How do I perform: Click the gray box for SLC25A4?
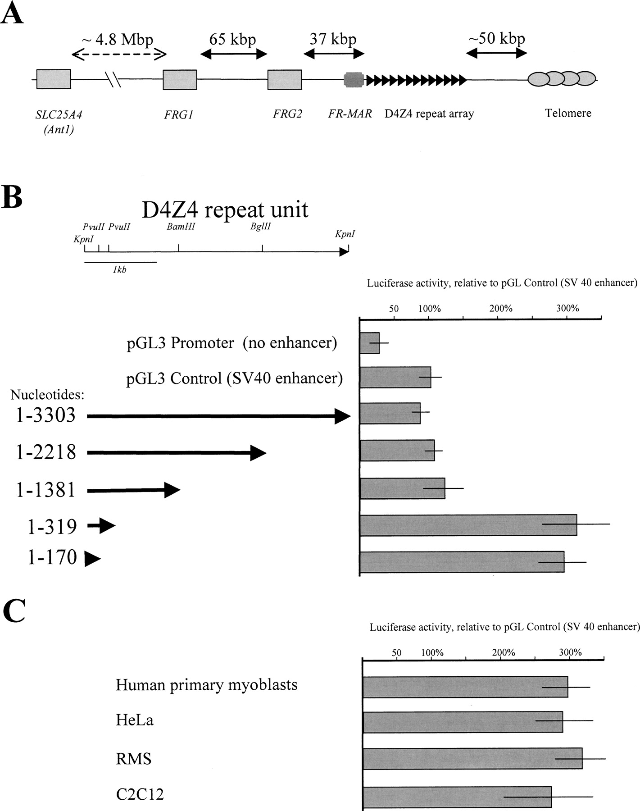coord(54,80)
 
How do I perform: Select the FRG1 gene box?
coord(180,80)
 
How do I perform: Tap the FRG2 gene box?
coord(285,80)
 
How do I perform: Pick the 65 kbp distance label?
coord(232,39)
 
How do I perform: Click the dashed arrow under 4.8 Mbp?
coord(119,55)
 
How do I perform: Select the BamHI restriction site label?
coord(181,227)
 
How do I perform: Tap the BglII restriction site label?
coord(261,227)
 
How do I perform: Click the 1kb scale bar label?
coord(119,270)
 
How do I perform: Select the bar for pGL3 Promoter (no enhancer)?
coord(370,343)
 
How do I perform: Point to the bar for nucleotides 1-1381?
coord(403,488)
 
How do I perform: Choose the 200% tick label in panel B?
coord(501,309)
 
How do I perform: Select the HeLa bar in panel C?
coord(463,722)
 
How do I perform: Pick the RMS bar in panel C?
coord(472,759)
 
